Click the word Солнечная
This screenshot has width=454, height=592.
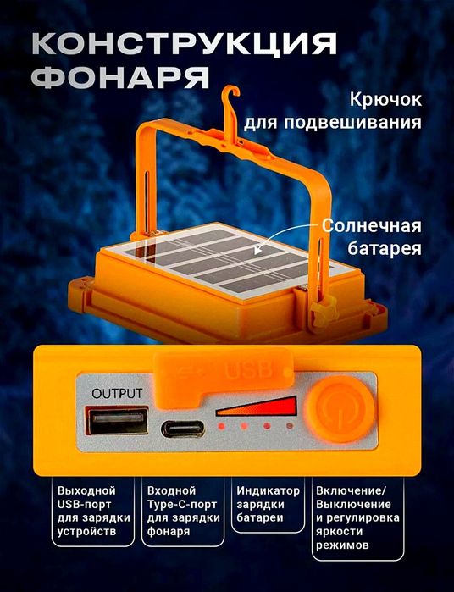(371, 226)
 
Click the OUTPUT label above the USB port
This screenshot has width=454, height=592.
(118, 393)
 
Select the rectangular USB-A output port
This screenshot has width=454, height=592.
(119, 423)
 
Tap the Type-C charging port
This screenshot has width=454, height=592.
(181, 427)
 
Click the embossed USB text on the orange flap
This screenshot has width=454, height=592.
(248, 370)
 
